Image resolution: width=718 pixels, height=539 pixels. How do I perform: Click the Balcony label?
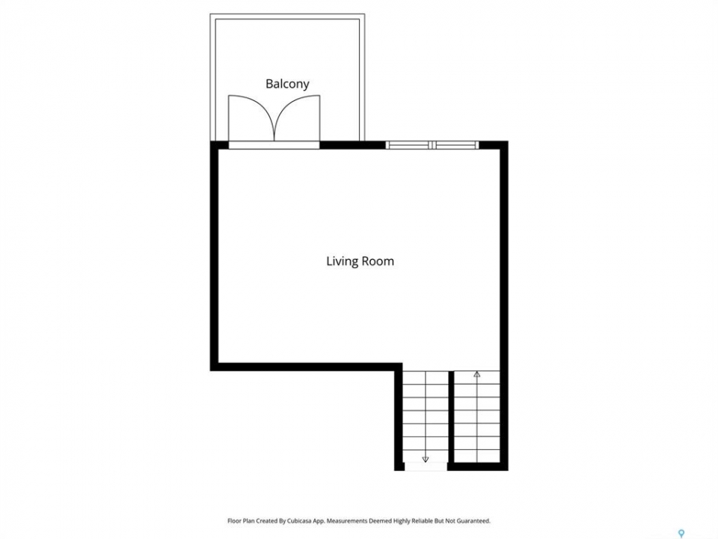pyautogui.click(x=287, y=84)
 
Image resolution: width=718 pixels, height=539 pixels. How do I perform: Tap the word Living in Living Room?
pyautogui.click(x=342, y=261)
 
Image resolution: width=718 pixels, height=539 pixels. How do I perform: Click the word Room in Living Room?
pyautogui.click(x=378, y=261)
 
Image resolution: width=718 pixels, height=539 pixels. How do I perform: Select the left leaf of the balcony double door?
pyautogui.click(x=251, y=118)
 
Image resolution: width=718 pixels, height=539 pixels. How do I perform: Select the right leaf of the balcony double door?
pyautogui.click(x=297, y=118)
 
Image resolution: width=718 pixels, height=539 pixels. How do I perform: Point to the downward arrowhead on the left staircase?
pyautogui.click(x=426, y=459)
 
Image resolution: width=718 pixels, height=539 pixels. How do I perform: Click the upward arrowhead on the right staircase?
pyautogui.click(x=476, y=374)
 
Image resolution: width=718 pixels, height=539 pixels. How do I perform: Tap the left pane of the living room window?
pyautogui.click(x=408, y=145)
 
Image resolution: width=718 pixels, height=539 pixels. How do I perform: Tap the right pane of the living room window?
pyautogui.click(x=455, y=145)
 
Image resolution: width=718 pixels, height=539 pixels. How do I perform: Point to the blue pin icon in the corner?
pyautogui.click(x=681, y=533)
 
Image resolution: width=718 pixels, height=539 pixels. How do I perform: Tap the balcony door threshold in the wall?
pyautogui.click(x=274, y=145)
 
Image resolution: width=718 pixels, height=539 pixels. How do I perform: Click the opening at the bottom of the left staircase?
pyautogui.click(x=426, y=466)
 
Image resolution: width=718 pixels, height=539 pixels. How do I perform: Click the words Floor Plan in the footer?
pyautogui.click(x=241, y=521)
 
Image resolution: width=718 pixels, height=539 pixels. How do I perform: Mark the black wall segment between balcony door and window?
pyautogui.click(x=352, y=145)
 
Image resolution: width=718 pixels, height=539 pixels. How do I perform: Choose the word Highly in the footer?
pyautogui.click(x=400, y=521)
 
